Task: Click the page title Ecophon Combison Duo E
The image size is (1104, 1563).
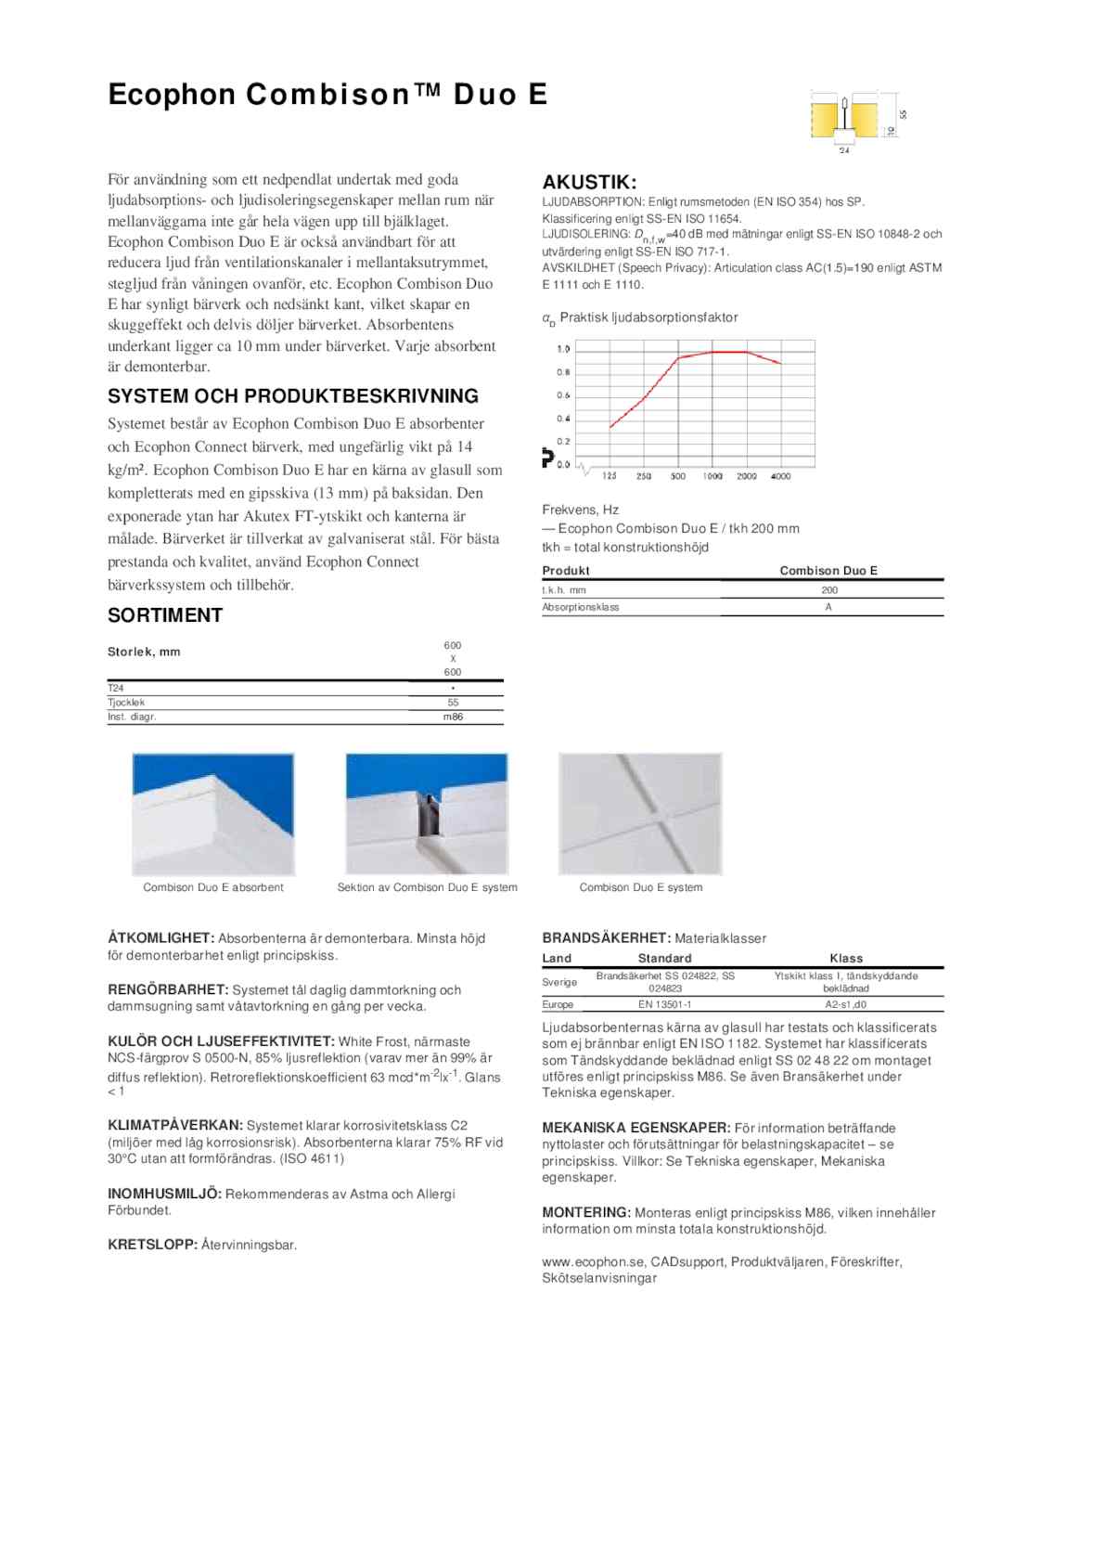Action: tap(327, 95)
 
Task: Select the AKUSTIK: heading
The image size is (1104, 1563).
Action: tap(589, 182)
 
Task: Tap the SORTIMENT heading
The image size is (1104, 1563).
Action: tap(165, 615)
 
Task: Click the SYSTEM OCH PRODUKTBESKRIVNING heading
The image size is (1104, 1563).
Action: tap(293, 396)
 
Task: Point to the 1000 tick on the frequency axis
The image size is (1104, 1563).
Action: tap(712, 476)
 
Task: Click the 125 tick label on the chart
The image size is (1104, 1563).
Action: tap(609, 476)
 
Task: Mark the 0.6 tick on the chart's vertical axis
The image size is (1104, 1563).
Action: tap(563, 395)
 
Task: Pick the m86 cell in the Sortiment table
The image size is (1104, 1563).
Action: tap(453, 717)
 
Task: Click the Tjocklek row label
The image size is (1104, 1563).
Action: tap(127, 703)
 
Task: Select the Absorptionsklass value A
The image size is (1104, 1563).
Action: tap(828, 607)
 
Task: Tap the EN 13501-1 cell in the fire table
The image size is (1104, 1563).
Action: tap(664, 1004)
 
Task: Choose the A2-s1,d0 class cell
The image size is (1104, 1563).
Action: tap(845, 1004)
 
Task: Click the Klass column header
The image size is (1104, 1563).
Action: tap(845, 958)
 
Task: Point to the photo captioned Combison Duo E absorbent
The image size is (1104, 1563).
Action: tap(213, 814)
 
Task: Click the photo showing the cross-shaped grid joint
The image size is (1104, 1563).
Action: tap(640, 814)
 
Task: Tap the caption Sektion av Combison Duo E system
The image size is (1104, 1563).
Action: tap(427, 887)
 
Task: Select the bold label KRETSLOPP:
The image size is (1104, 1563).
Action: tap(152, 1245)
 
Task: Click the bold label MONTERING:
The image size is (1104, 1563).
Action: tap(585, 1212)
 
